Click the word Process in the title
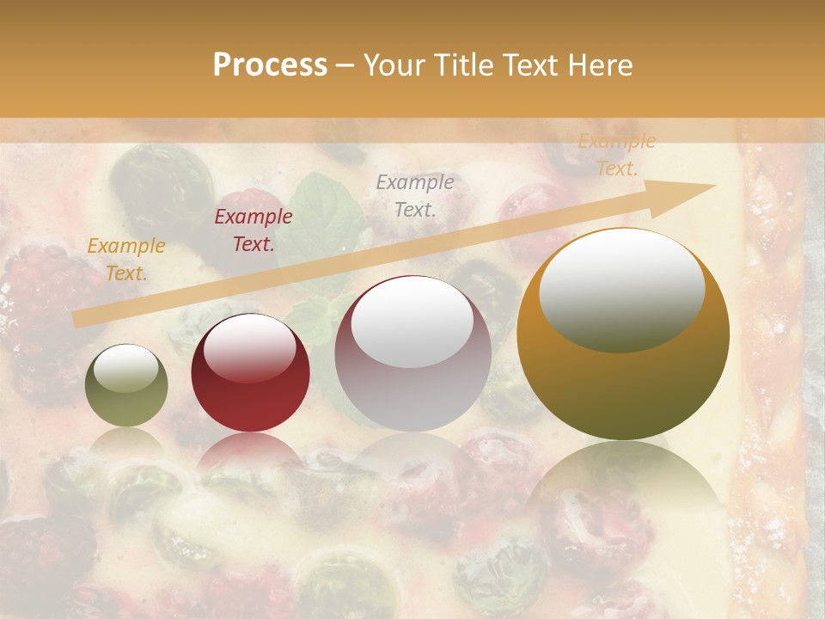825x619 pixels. [270, 65]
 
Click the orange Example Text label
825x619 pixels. [126, 260]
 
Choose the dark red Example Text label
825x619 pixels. [253, 230]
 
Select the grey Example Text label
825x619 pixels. [415, 195]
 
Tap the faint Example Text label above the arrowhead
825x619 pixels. [616, 155]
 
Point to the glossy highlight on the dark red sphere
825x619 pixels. [250, 346]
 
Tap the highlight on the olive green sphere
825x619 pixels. [126, 368]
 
